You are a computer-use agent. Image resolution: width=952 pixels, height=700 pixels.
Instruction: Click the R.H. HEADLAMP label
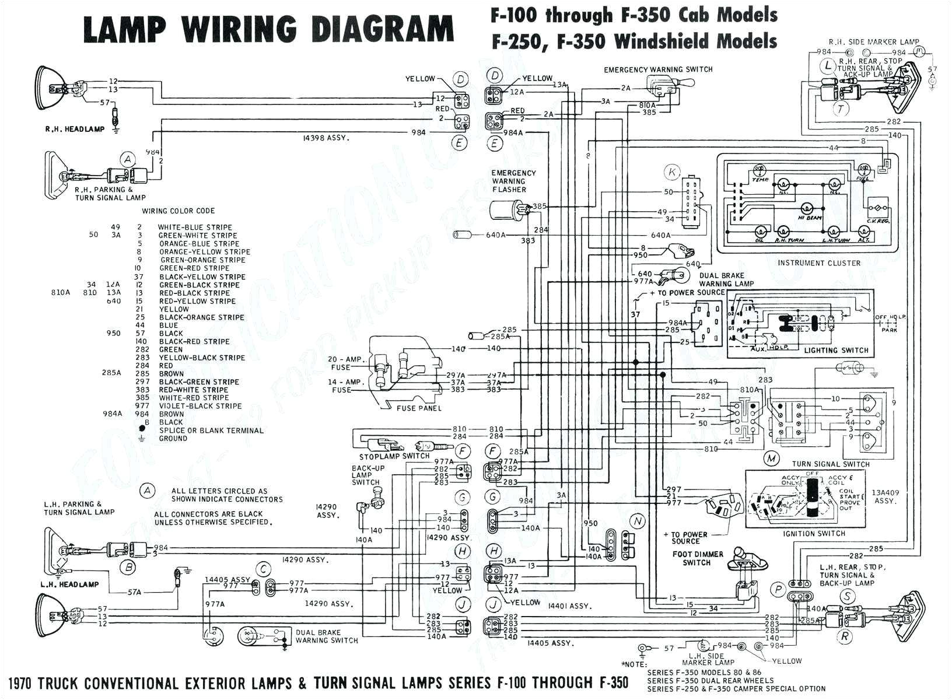click(75, 129)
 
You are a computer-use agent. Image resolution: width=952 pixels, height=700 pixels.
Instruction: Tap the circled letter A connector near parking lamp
click(128, 159)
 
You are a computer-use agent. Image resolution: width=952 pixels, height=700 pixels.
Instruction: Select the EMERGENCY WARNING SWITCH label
click(658, 69)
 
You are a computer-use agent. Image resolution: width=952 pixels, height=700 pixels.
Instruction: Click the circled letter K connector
click(673, 172)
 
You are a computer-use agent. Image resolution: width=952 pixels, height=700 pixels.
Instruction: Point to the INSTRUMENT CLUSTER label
click(818, 263)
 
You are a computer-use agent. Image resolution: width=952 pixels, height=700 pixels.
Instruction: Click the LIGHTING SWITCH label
click(836, 351)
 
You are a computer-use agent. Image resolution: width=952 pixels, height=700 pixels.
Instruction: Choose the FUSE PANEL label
click(419, 408)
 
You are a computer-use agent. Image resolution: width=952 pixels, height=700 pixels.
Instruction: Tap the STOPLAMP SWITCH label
click(394, 456)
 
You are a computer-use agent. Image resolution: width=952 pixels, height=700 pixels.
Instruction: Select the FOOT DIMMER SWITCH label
click(697, 558)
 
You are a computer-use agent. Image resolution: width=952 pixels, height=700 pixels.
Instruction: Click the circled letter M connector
click(772, 459)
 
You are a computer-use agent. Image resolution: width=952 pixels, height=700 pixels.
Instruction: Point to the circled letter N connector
click(638, 521)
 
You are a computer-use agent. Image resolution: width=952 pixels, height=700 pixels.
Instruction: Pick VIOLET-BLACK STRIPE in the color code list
click(200, 406)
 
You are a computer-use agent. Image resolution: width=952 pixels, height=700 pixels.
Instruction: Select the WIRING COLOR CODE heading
click(178, 211)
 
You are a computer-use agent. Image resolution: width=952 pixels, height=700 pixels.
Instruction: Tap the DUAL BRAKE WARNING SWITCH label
click(327, 636)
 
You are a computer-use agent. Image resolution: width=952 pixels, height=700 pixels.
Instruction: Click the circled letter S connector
click(846, 596)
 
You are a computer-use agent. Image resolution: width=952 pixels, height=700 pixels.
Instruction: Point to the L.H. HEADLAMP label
click(70, 584)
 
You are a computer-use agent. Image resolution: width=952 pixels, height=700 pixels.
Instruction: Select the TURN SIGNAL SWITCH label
click(831, 464)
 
